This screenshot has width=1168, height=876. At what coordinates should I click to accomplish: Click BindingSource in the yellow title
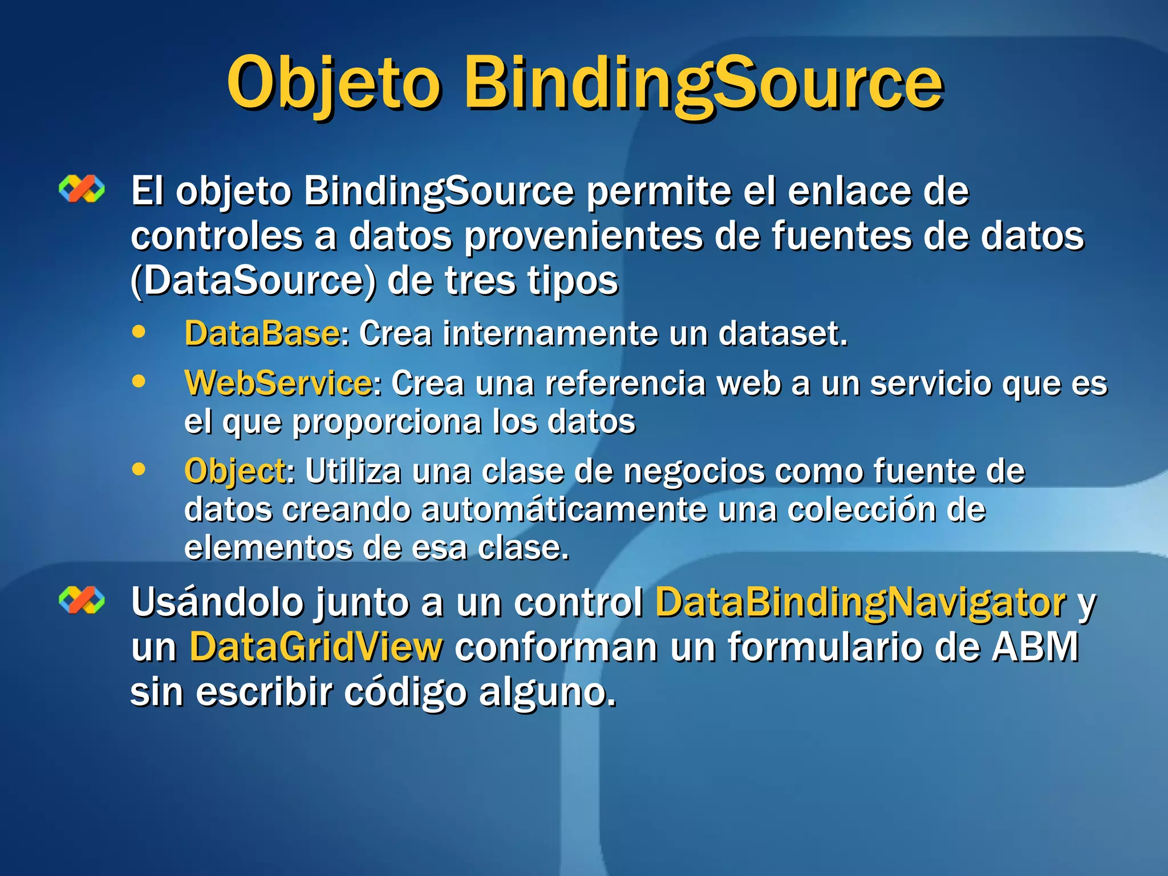click(x=703, y=84)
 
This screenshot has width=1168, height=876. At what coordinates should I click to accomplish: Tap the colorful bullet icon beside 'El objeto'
click(x=82, y=189)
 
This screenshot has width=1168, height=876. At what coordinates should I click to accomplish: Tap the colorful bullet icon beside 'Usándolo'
click(x=82, y=600)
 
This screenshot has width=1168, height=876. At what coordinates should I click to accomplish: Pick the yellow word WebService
click(x=278, y=383)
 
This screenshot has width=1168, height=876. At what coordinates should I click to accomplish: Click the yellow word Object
click(x=235, y=472)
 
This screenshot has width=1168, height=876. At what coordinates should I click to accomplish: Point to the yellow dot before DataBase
click(x=139, y=331)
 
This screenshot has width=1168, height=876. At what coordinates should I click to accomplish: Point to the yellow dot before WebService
click(x=139, y=381)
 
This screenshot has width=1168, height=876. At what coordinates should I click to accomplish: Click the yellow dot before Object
click(x=139, y=469)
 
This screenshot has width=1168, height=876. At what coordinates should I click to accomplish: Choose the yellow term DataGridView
click(x=316, y=647)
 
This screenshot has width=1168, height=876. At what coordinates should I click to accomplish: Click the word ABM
click(x=1035, y=647)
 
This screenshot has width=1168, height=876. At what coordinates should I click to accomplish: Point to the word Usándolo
click(x=217, y=602)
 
